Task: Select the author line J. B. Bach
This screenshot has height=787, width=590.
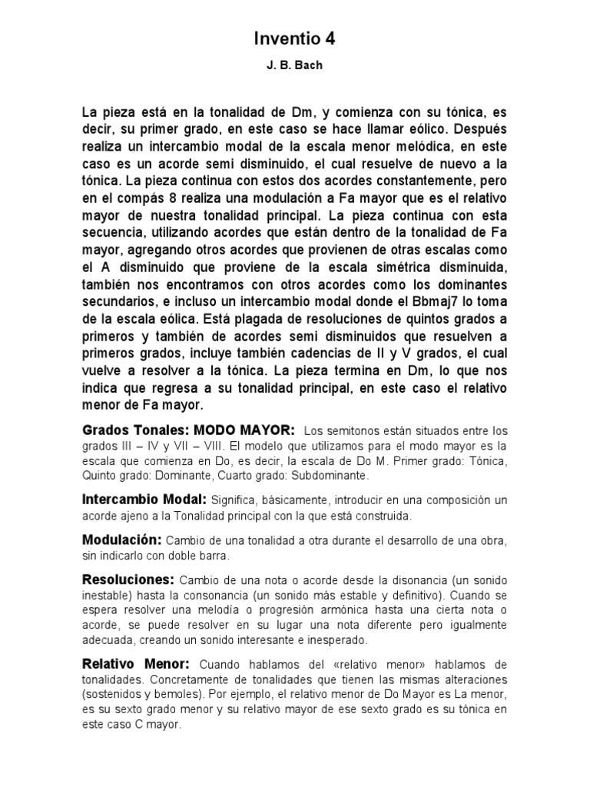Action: [295, 66]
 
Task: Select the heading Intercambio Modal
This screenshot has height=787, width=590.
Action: [144, 500]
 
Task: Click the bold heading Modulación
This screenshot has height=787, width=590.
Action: [121, 538]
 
